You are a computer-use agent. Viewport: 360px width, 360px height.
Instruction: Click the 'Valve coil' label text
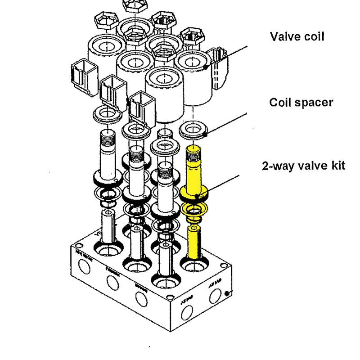297,36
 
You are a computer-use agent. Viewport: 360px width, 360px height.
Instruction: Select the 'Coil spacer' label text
301,103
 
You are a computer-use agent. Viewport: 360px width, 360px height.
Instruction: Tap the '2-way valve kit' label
303,166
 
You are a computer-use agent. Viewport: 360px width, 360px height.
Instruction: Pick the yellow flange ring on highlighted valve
194,193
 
